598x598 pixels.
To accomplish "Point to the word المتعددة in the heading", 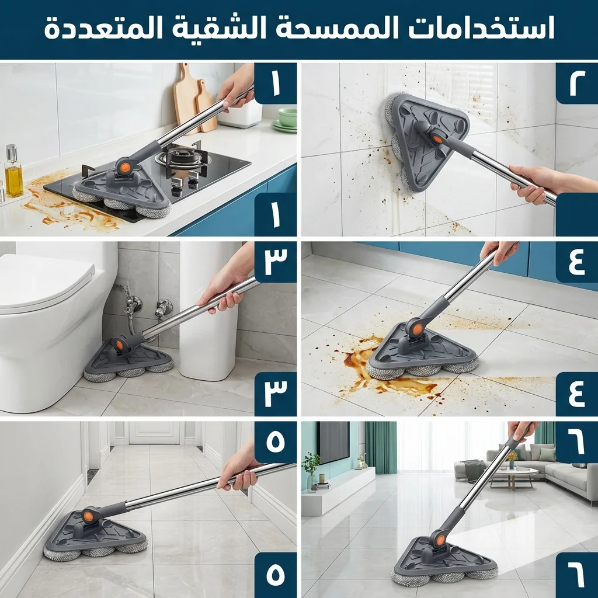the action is [x=103, y=29].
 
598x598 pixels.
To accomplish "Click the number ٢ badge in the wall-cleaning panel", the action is [x=576, y=83].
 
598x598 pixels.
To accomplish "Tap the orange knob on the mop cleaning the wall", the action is [x=437, y=140].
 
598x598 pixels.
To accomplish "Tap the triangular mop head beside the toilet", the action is [x=128, y=360].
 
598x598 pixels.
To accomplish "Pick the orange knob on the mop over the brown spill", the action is [x=418, y=328].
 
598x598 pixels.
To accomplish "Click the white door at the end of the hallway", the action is [x=154, y=433].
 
